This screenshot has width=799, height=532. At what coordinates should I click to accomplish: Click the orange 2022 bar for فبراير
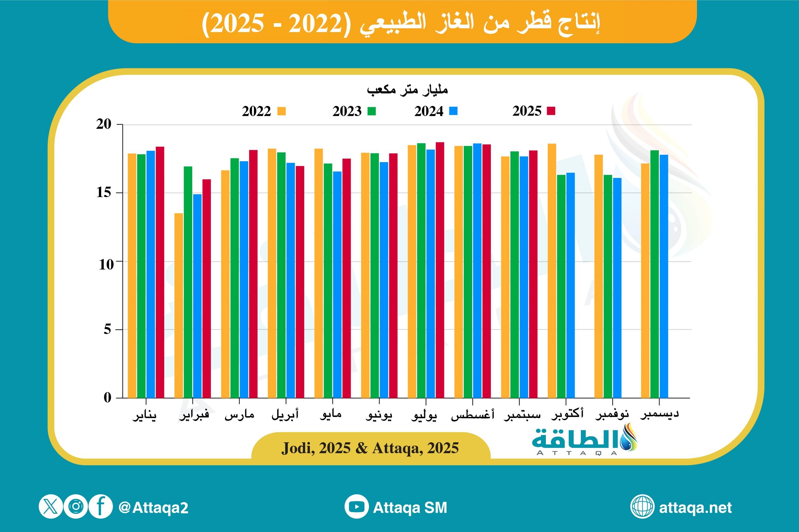(179, 305)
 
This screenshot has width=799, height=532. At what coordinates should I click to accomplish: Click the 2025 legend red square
(551, 111)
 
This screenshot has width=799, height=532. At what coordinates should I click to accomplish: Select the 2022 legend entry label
(256, 111)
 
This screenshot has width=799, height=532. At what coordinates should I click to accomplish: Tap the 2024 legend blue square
(453, 111)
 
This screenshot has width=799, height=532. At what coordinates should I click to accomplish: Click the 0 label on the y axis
(107, 397)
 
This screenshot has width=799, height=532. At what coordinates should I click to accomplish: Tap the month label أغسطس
(472, 415)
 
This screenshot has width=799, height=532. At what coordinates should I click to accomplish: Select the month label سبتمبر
(522, 415)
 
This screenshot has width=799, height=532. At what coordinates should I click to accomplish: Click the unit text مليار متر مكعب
(407, 89)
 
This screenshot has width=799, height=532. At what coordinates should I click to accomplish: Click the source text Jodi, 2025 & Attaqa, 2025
(370, 448)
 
